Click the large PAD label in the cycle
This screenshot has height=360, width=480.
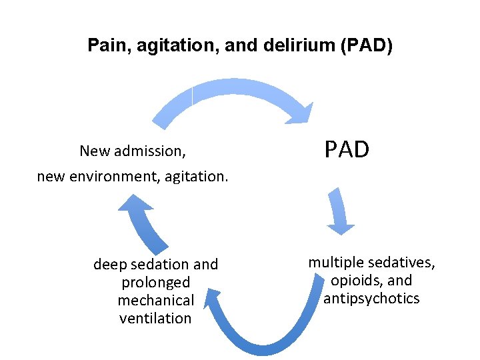[347, 150]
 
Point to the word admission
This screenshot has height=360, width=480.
[151, 151]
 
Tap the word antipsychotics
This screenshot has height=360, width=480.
[371, 299]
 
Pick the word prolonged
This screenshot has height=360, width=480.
[155, 283]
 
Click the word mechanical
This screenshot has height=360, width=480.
[155, 301]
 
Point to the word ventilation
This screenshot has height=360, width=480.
[155, 319]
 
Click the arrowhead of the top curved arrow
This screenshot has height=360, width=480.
[299, 113]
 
